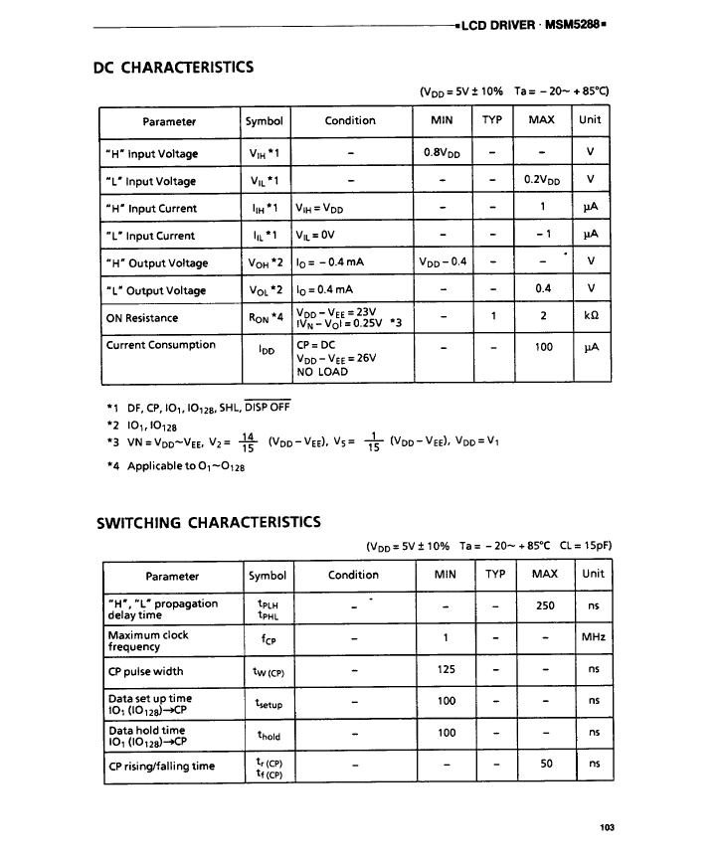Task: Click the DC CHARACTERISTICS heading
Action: coord(173,68)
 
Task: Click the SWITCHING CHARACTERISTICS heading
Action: coord(208,522)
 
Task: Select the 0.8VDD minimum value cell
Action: coord(445,153)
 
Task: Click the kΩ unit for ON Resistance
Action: coord(591,318)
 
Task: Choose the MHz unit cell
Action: coord(594,637)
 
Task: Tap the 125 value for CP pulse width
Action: coord(447,669)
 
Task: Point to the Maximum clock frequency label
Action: coord(148,640)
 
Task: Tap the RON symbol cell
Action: coord(266,318)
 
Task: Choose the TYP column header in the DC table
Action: coord(491,120)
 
